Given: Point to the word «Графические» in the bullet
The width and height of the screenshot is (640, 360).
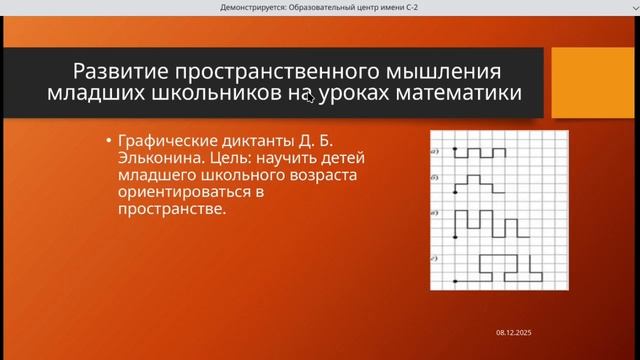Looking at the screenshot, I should [165, 142].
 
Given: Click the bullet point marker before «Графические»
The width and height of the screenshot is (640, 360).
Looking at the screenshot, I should [108, 142].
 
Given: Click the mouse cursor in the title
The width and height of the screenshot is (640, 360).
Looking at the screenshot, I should [310, 97].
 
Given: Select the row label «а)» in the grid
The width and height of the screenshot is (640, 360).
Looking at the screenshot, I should [436, 151].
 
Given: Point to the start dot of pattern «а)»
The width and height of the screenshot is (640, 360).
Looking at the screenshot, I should [456, 151].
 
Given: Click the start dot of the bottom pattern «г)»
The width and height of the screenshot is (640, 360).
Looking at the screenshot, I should [456, 280].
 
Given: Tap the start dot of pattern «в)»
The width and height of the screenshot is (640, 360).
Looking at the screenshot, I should [456, 237].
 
